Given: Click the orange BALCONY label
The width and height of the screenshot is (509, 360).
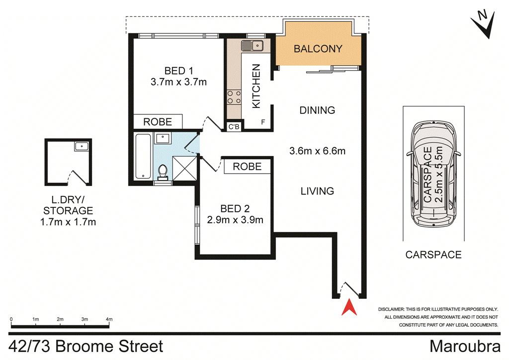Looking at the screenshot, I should (x=318, y=49).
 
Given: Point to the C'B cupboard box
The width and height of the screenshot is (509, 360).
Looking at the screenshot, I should (x=234, y=127).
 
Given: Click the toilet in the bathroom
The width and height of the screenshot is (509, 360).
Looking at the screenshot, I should (x=162, y=172).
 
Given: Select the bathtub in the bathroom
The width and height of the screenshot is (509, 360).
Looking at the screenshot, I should (x=143, y=157).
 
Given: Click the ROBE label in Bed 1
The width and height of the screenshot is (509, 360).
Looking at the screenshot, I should (x=158, y=122).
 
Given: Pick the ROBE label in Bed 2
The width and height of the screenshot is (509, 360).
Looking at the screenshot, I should (x=247, y=166).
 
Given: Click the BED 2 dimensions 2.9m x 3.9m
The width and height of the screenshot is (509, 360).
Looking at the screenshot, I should (x=235, y=219).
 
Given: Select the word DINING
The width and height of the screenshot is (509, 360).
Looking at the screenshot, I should (x=317, y=110).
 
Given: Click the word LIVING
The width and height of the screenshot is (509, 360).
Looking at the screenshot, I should (x=317, y=190).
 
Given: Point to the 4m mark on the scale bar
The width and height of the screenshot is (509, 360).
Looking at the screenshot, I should (x=109, y=319).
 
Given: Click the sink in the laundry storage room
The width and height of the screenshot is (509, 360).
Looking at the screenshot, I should (x=81, y=146).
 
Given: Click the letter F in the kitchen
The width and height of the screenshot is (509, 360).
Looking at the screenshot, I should (x=263, y=122).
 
